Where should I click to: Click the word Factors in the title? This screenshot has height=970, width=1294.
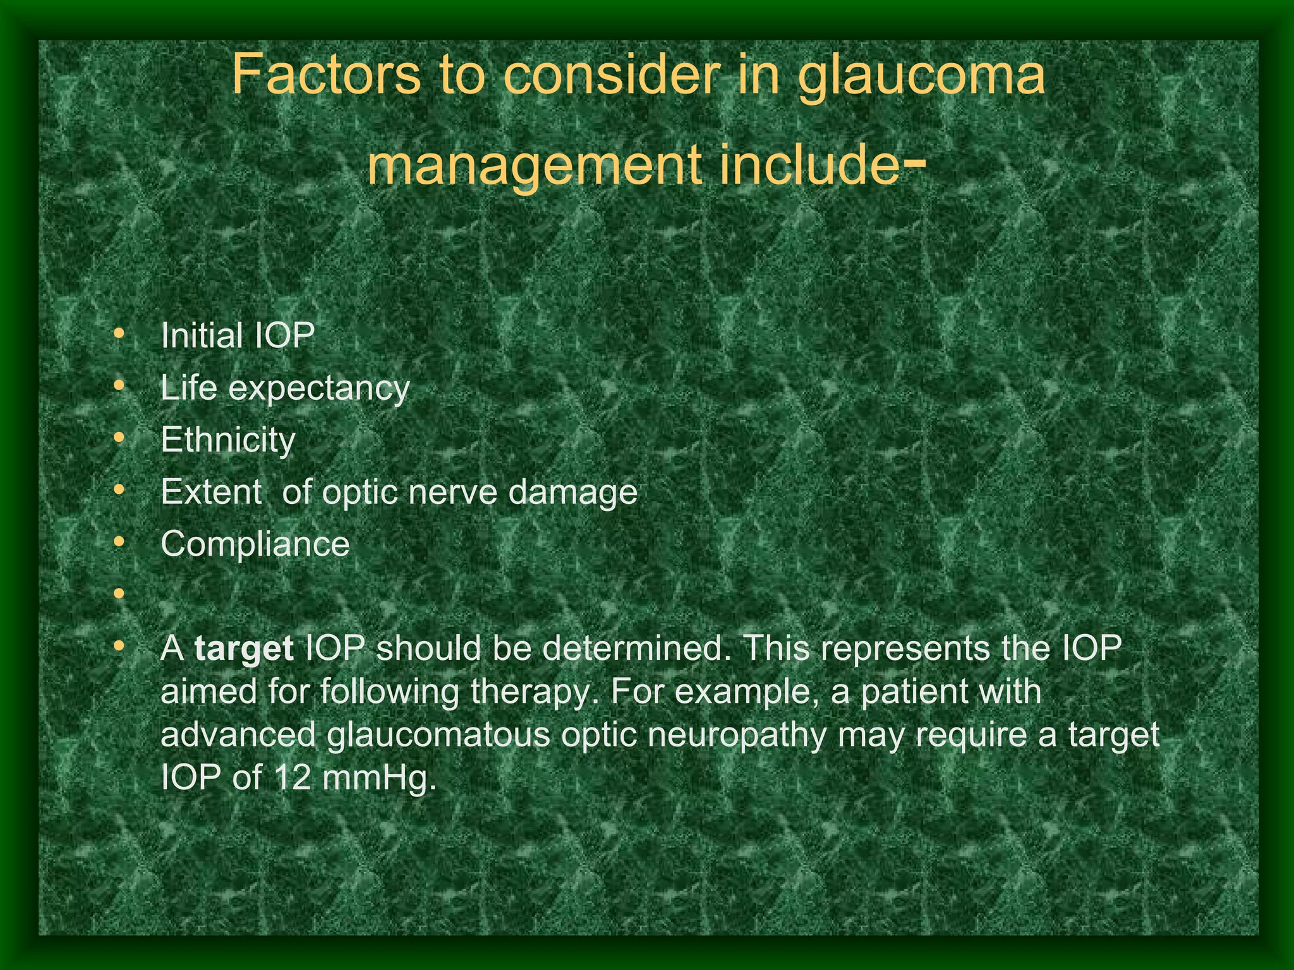326,75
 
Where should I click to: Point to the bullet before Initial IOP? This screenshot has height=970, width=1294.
118,333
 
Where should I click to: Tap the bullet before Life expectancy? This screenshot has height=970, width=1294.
118,385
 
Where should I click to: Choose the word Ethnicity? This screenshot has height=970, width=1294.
227,440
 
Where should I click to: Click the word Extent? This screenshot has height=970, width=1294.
211,491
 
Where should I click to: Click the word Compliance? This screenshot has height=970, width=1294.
255,544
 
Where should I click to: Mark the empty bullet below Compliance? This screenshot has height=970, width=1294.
118,594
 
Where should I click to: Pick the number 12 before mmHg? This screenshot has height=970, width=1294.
293,778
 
